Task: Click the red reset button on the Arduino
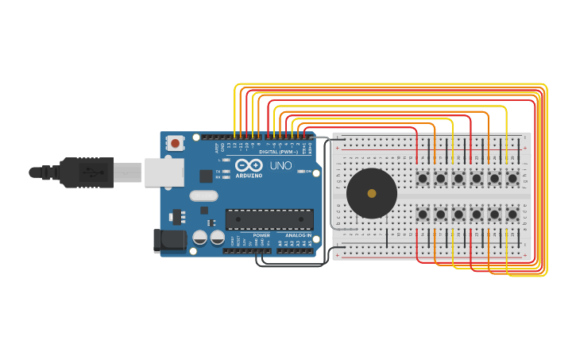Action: coord(174,143)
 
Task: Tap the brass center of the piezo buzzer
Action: coord(372,193)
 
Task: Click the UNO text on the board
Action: coord(281,167)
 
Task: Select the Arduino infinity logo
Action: coord(249,165)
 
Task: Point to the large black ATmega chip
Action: coord(269,219)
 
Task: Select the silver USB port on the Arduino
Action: coord(164,172)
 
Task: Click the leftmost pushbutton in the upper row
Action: coord(423,179)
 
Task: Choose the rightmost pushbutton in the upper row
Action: coord(512,179)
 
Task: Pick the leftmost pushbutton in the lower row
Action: coord(423,215)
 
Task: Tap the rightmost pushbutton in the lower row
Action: coord(512,215)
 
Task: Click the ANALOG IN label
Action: coord(298,236)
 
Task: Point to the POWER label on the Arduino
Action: coord(261,236)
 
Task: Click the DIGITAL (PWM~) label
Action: coord(279,151)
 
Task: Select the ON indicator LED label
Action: coord(308,171)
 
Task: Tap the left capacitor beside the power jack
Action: coord(199,237)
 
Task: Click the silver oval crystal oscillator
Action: coord(203,195)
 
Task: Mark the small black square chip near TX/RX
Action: coord(206,176)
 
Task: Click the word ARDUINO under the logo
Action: coord(249,175)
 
